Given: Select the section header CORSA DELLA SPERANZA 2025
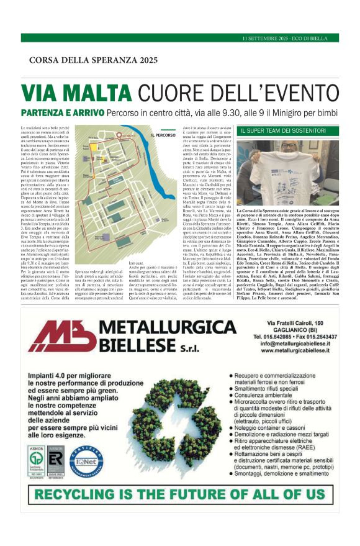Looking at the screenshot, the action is click(93, 60).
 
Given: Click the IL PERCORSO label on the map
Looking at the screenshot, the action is click(163, 135).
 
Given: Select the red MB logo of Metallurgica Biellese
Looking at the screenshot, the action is click(61, 338).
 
